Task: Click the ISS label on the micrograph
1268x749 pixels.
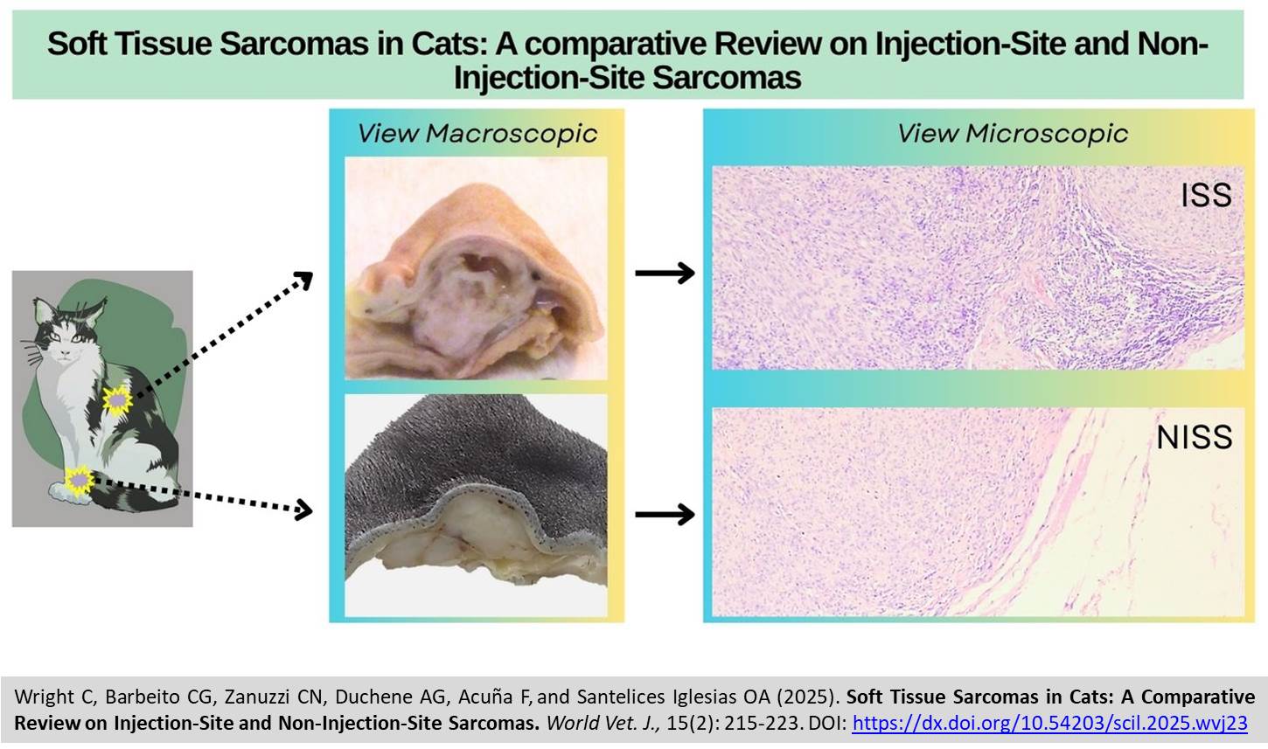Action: (1206, 195)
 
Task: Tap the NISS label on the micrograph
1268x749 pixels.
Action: (1195, 437)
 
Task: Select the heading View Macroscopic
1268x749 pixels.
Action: (477, 134)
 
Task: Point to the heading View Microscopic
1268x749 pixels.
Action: (1013, 134)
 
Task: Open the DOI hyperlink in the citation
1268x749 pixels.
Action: (1050, 723)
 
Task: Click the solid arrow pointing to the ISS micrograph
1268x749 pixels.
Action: (665, 273)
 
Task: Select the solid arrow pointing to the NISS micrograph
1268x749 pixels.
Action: (665, 514)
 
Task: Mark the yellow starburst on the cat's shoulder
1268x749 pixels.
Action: (118, 400)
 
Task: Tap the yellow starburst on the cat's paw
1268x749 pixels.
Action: (80, 481)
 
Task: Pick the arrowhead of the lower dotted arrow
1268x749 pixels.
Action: (305, 510)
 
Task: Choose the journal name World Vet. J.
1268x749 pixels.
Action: (603, 723)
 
